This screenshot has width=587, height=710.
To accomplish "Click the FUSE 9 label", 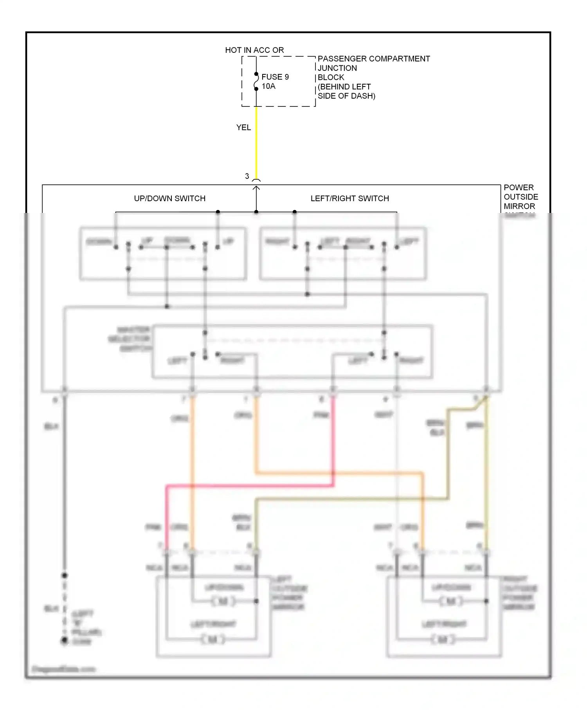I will (275, 77).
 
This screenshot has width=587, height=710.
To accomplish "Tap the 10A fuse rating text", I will (268, 86).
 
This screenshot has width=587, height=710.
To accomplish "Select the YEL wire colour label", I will (243, 128).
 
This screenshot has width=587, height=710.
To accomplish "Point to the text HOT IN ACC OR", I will (254, 50).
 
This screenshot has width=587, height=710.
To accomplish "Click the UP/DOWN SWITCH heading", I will (169, 198).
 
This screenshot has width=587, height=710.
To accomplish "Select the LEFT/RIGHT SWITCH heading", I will (349, 198).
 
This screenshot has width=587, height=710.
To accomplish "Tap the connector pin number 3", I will (247, 176).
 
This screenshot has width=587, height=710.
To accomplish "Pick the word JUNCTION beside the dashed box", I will (337, 68).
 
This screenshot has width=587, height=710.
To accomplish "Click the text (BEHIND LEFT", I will (344, 87).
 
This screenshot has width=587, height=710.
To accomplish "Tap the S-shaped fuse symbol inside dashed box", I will (256, 81).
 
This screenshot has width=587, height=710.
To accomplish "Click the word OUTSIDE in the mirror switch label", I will (520, 197).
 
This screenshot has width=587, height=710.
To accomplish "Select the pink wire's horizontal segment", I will (250, 486).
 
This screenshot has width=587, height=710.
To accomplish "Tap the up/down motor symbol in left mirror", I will (223, 601).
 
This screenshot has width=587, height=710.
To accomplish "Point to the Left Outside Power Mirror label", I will (289, 593).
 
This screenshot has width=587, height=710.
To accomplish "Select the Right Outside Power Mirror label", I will (519, 593).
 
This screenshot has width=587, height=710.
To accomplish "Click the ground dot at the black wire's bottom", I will (65, 640).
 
